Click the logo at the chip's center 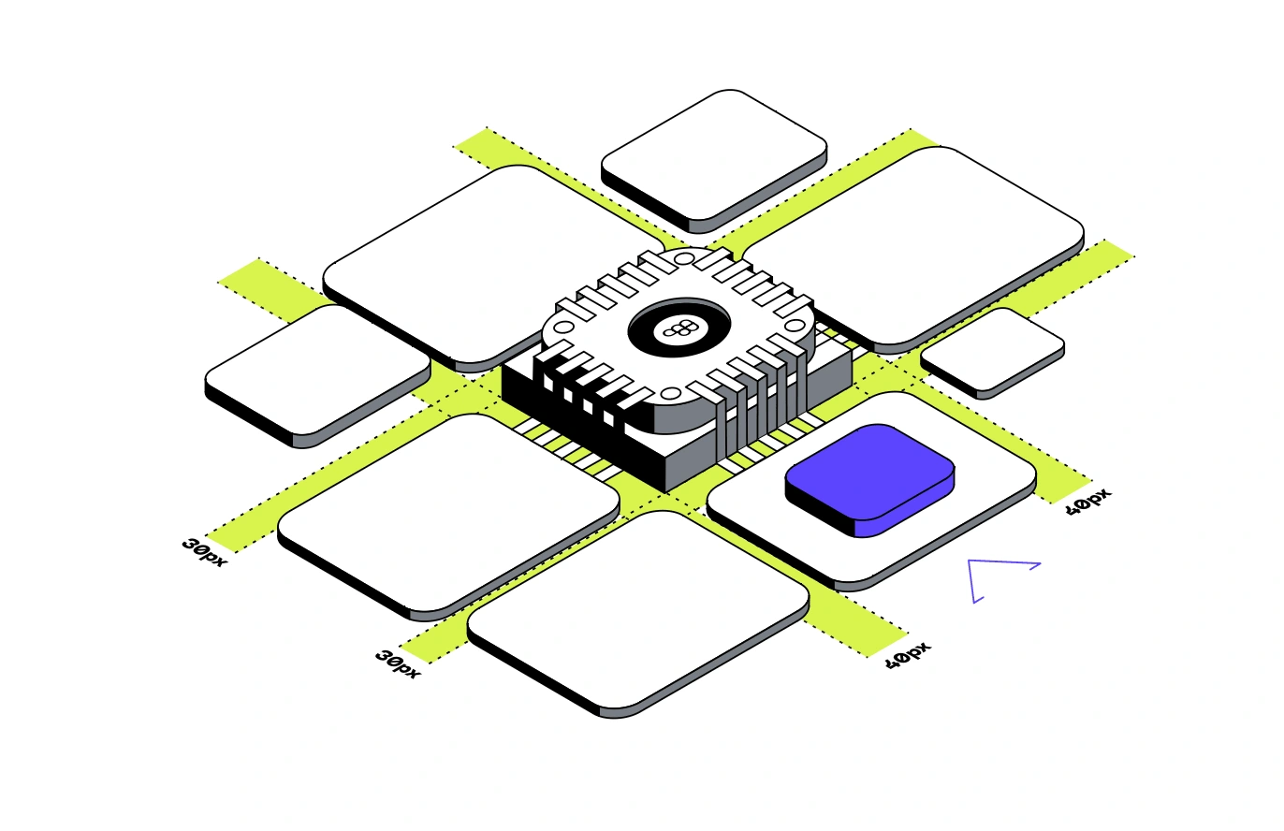(679, 329)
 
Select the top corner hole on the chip (682, 259)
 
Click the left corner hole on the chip (564, 328)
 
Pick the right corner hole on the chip (795, 326)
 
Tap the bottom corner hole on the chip (671, 393)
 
